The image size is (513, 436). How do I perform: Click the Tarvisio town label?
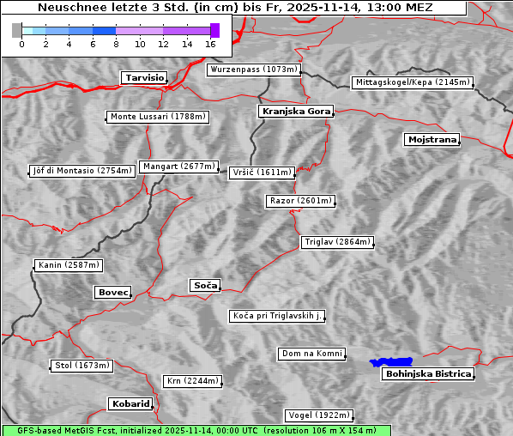click(143, 77)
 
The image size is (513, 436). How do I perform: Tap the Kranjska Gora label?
click(294, 112)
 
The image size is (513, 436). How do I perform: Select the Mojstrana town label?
click(432, 139)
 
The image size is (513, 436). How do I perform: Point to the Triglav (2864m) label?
click(337, 242)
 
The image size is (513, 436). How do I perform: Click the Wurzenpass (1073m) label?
click(254, 70)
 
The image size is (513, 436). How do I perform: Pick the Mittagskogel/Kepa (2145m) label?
click(412, 82)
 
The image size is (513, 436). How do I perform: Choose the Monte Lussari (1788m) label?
click(159, 117)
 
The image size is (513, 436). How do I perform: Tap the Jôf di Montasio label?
click(82, 171)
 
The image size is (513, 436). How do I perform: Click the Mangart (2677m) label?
click(179, 167)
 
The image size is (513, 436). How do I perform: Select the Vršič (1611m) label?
click(263, 173)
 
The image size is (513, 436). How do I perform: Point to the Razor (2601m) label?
click(300, 201)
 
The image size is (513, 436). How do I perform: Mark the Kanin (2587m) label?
click(69, 265)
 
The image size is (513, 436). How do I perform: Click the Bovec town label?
click(112, 292)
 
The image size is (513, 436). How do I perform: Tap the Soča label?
click(205, 285)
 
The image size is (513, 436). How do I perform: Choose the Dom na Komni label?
click(312, 354)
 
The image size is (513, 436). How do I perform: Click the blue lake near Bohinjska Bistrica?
click(391, 362)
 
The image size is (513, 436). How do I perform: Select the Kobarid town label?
click(130, 403)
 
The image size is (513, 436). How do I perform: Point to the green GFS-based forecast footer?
click(196, 430)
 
